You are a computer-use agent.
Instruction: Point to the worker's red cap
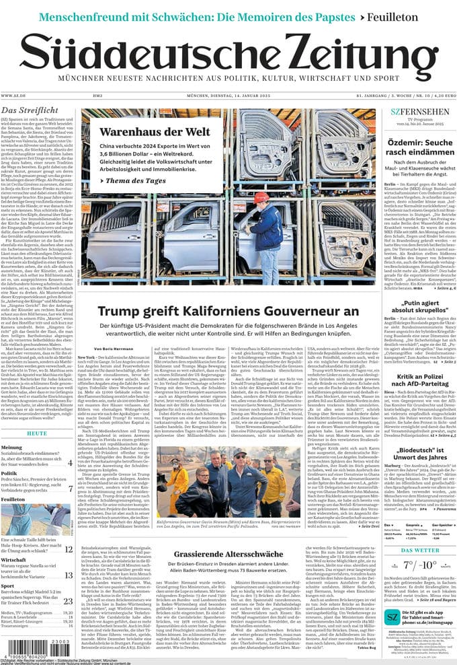pos(259,197)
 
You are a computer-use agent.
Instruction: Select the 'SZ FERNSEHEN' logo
pos(411,111)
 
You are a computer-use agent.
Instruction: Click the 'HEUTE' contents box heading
pos(38,433)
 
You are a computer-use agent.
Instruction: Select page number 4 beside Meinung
pos(69,462)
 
